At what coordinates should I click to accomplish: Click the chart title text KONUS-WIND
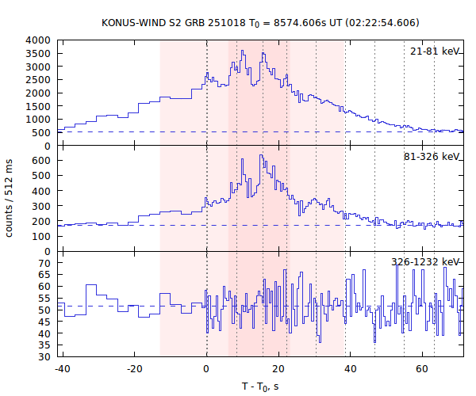134,22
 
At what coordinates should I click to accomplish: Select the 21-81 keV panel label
435,51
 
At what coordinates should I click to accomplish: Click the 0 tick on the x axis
207,368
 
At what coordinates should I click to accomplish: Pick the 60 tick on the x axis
423,368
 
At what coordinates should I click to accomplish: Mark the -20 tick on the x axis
134,368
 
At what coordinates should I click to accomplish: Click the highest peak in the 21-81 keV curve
243,51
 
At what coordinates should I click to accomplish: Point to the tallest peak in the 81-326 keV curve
260,156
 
